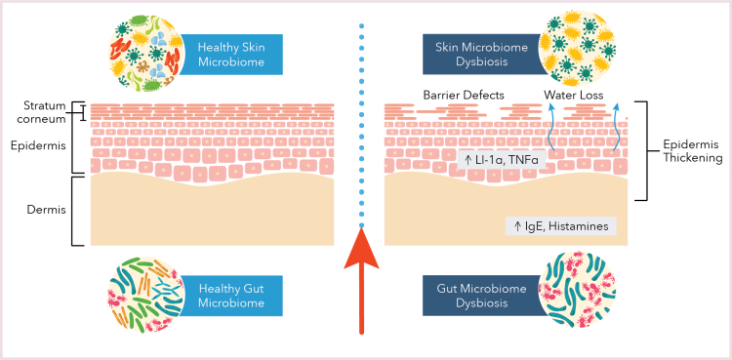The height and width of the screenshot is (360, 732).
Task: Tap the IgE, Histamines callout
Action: (560, 225)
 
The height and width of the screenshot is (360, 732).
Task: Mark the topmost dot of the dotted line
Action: (362, 25)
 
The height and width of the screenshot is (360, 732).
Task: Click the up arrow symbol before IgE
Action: (517, 225)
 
